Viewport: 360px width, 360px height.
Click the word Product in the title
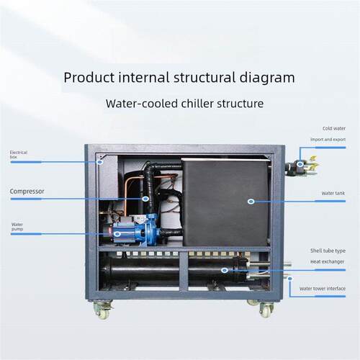[x=89, y=78]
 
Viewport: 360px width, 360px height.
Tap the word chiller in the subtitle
[x=197, y=104]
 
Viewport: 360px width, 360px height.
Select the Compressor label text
[x=27, y=192]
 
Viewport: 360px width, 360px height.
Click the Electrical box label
[x=19, y=155]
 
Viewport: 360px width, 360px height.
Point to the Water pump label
[x=17, y=227]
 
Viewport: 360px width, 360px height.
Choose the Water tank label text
[x=333, y=193]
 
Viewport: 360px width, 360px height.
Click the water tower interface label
[x=323, y=289]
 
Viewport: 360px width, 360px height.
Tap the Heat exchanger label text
[x=327, y=261]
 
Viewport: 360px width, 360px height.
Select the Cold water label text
[x=334, y=128]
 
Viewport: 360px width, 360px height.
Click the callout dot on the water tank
[x=251, y=202]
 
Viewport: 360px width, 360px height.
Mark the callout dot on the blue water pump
[x=117, y=234]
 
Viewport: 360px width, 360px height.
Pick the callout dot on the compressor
[x=145, y=199]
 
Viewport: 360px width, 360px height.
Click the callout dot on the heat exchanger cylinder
[x=225, y=270]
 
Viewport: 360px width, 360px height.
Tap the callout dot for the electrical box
[x=100, y=162]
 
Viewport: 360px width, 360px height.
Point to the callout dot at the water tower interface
[x=290, y=279]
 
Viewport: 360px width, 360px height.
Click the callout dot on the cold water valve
[x=300, y=164]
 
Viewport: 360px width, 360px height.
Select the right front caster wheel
[x=266, y=310]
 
